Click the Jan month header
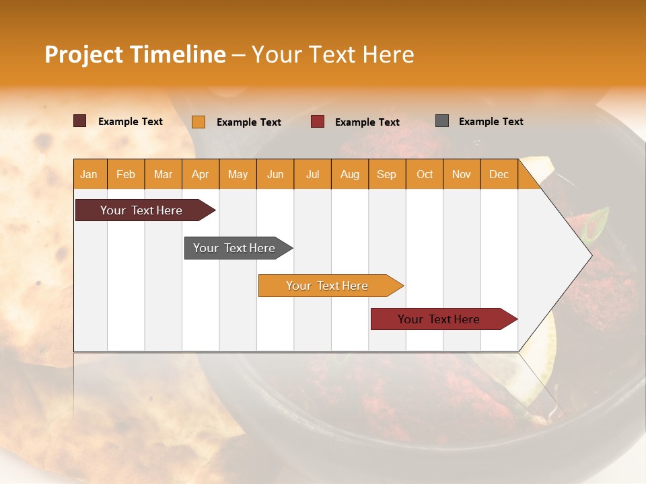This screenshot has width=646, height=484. (89, 175)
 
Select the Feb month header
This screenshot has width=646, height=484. (126, 175)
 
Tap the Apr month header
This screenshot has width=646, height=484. (201, 175)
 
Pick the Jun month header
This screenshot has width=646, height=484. (275, 175)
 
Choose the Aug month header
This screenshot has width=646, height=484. (350, 175)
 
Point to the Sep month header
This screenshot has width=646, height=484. (387, 175)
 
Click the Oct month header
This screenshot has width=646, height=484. (425, 175)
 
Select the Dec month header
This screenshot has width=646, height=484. (499, 175)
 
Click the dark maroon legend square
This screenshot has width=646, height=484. (80, 121)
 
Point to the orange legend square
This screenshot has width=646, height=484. (199, 122)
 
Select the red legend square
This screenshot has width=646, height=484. (318, 122)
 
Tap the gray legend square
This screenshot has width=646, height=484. (442, 121)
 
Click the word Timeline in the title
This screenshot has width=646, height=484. (178, 54)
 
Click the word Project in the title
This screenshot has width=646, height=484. (83, 54)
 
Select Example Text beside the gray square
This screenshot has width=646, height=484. (491, 122)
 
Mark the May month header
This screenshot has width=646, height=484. (238, 175)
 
